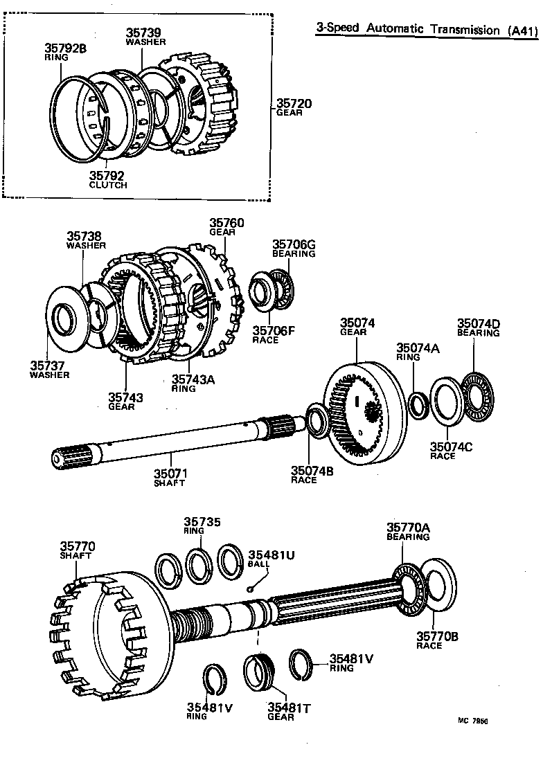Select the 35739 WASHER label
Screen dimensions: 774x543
pos(145,37)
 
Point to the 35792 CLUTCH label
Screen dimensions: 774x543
pos(108,181)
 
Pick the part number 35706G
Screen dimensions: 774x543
pos(294,244)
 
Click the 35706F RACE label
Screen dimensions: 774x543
pos(274,334)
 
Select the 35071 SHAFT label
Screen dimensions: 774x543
pos(170,478)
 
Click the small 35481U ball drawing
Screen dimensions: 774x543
pos(251,589)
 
